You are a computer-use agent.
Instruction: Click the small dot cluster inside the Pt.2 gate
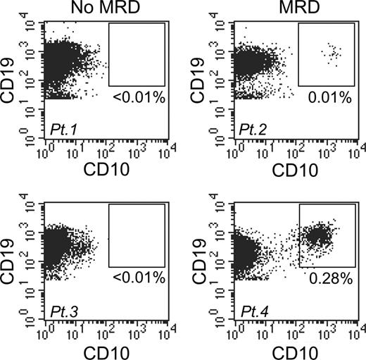click(x=330, y=53)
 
